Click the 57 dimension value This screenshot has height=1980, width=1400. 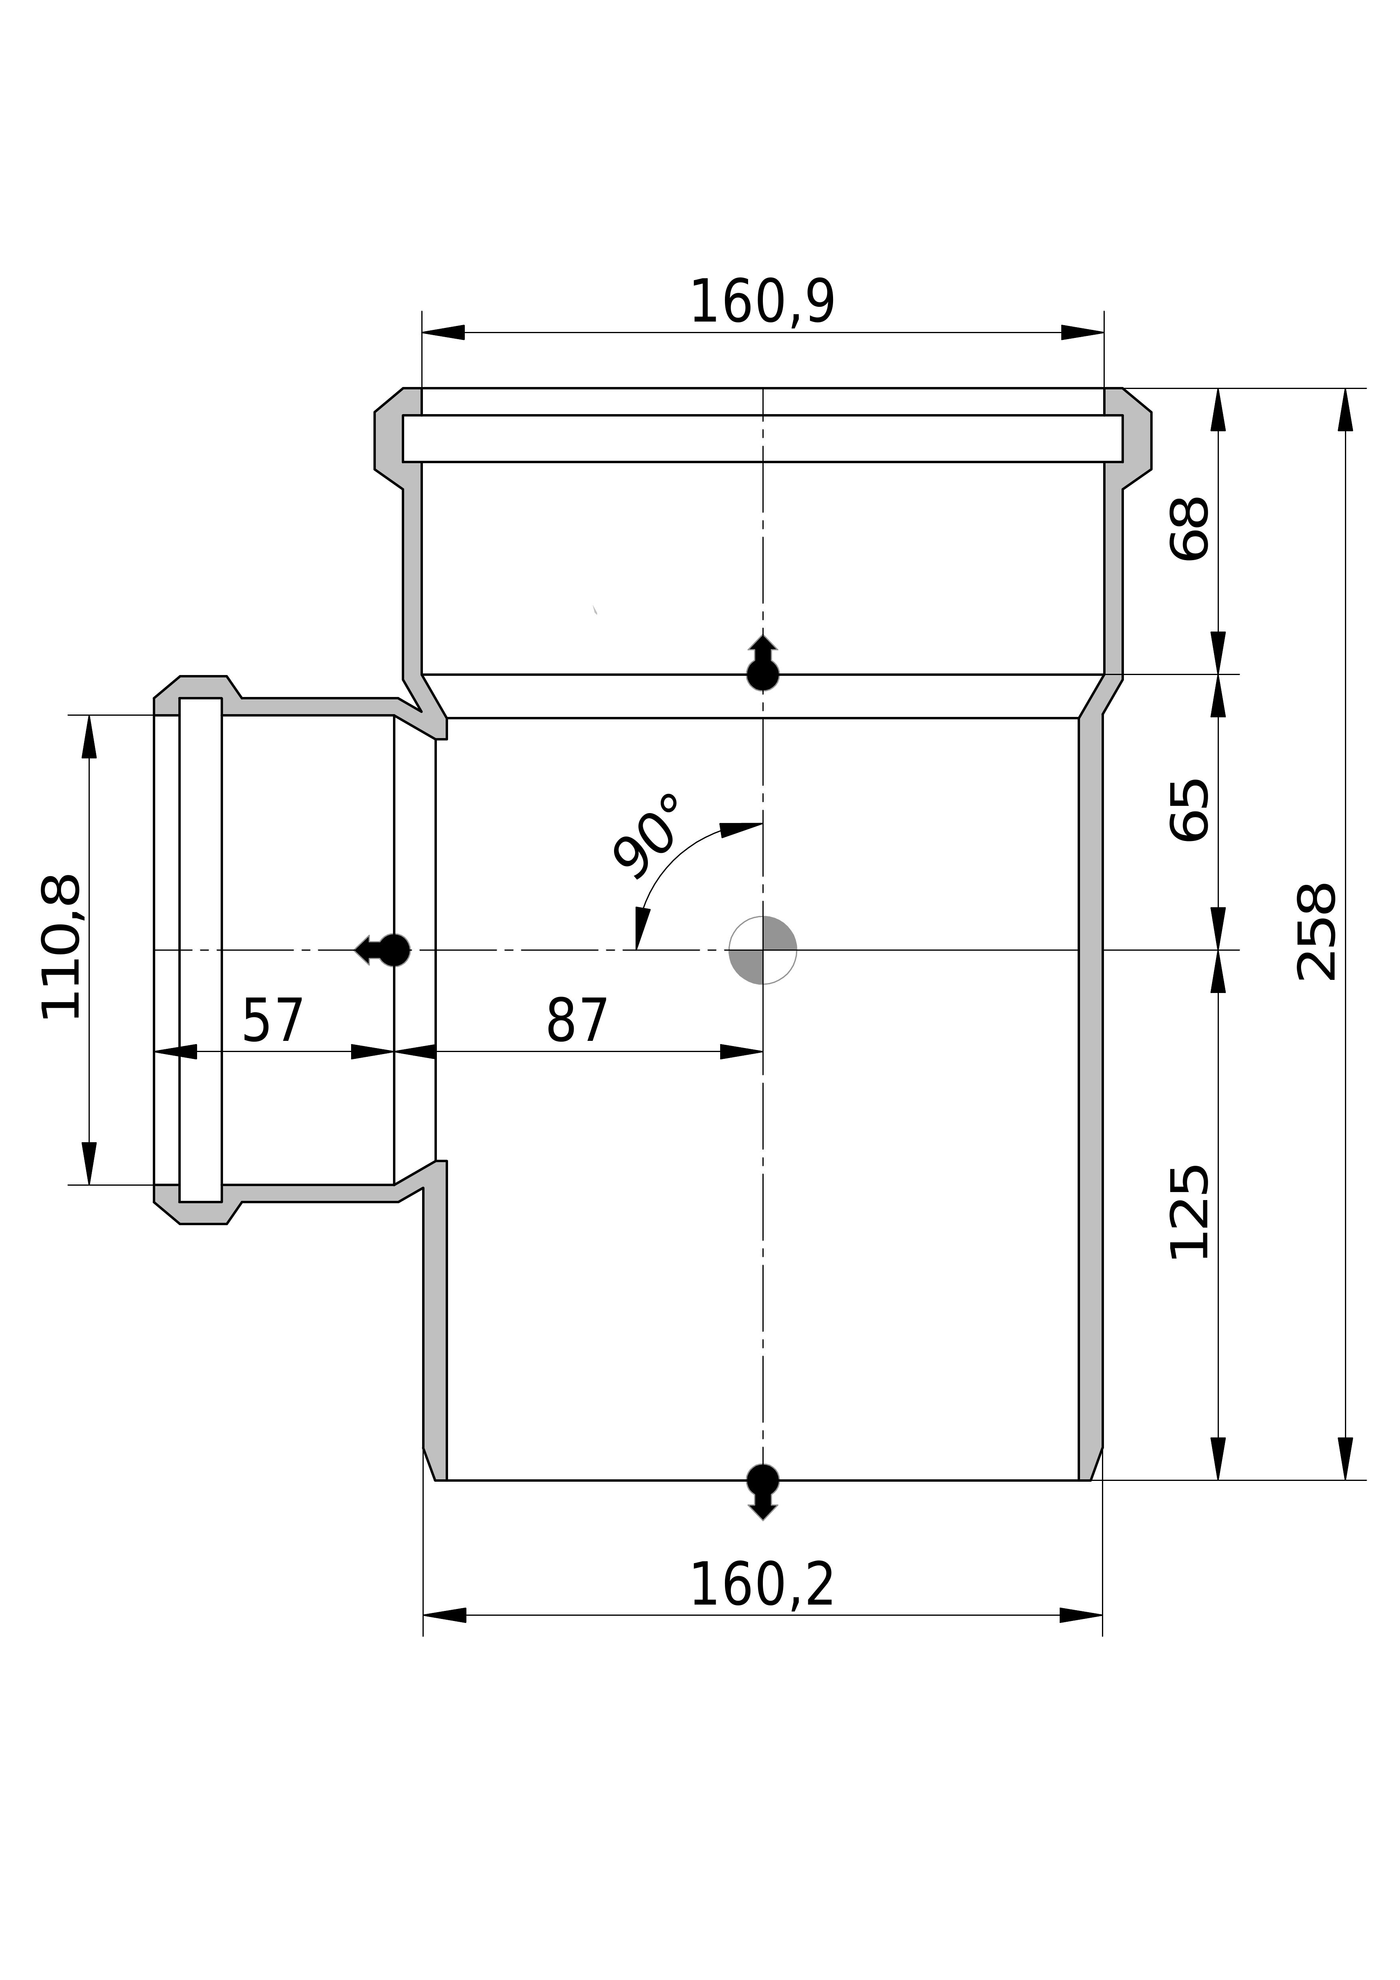(272, 1020)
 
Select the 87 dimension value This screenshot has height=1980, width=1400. (577, 1020)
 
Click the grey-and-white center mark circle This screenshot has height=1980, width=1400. (762, 950)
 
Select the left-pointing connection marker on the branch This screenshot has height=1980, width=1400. (382, 950)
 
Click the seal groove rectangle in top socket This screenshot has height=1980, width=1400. (762, 438)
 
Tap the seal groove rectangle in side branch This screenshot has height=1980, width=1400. (200, 950)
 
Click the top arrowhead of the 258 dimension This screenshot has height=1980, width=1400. (1345, 410)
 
